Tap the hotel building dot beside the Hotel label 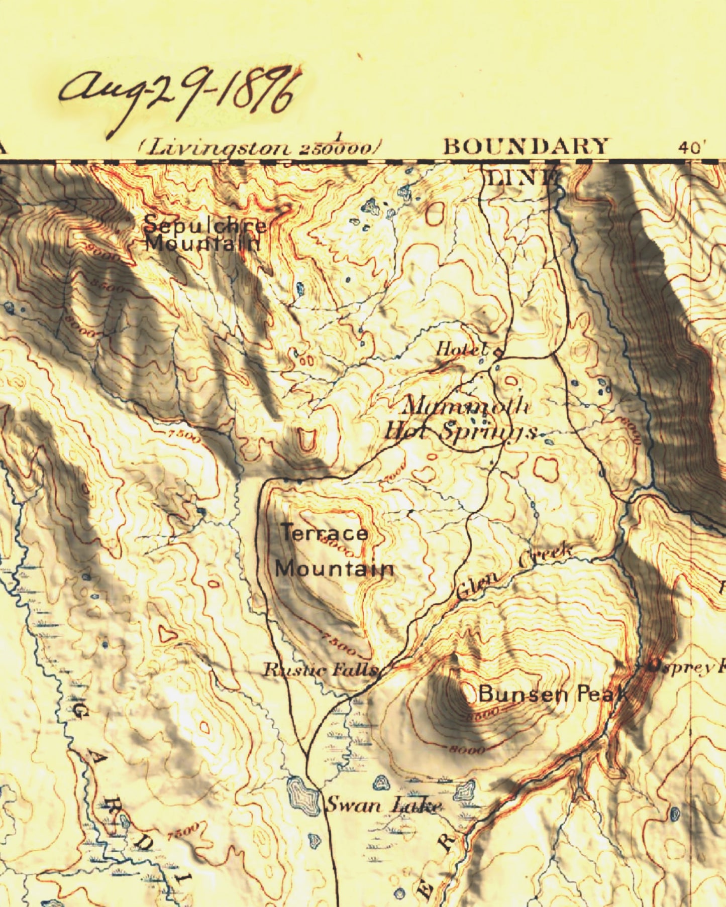point(498,352)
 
